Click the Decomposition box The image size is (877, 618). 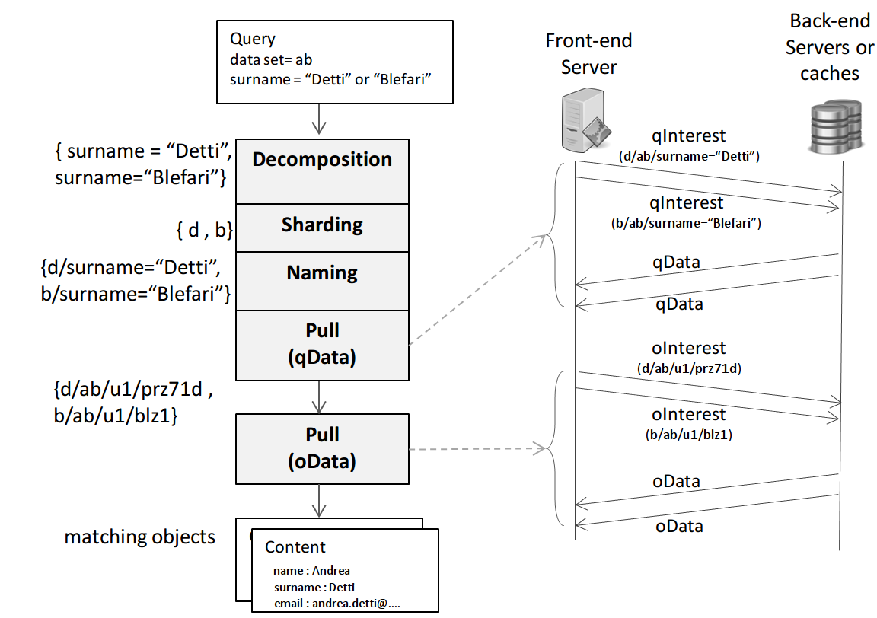pyautogui.click(x=322, y=171)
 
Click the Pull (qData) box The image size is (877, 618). pyautogui.click(x=322, y=345)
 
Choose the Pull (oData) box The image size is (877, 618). pyautogui.click(x=322, y=448)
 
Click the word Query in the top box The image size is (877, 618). pyautogui.click(x=253, y=39)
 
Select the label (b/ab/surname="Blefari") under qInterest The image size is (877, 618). pyautogui.click(x=686, y=223)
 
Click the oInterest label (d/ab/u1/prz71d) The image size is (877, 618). pyautogui.click(x=689, y=368)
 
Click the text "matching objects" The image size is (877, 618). pyautogui.click(x=139, y=537)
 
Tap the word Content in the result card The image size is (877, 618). pyautogui.click(x=295, y=547)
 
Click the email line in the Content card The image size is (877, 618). pyautogui.click(x=336, y=604)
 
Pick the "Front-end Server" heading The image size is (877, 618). pyautogui.click(x=588, y=53)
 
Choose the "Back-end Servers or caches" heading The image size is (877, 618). pyautogui.click(x=830, y=47)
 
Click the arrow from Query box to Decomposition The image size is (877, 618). pyautogui.click(x=320, y=120)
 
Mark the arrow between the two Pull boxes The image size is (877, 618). pyautogui.click(x=320, y=397)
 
